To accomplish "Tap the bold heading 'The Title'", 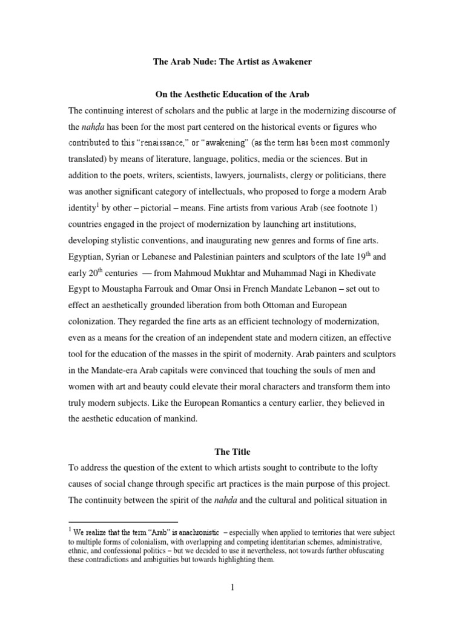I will pos(232,452).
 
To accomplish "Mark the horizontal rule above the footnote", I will pos(124,522).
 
